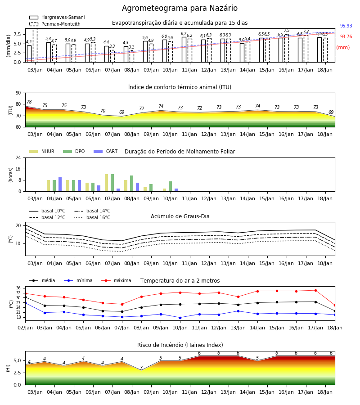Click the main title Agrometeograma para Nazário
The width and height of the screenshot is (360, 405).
pyautogui.click(x=180, y=8)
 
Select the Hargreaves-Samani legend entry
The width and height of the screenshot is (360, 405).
pyautogui.click(x=57, y=17)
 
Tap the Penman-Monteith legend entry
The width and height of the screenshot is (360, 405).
pyautogui.click(x=55, y=24)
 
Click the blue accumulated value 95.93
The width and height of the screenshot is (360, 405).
pyautogui.click(x=346, y=26)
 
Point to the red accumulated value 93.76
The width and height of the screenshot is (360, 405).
pyautogui.click(x=346, y=37)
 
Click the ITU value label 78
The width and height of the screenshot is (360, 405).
pyautogui.click(x=29, y=102)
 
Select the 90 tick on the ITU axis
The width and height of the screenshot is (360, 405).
pyautogui.click(x=18, y=93)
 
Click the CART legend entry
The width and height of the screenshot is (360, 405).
pyautogui.click(x=106, y=151)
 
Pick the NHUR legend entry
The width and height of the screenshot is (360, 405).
pyautogui.click(x=42, y=151)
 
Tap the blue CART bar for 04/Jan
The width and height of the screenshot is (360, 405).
pyautogui.click(x=60, y=184)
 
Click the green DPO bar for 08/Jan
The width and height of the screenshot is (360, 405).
pyautogui.click(x=132, y=184)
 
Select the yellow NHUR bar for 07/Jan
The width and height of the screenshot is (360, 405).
pyautogui.click(x=106, y=183)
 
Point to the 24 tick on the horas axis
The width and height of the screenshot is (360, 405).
pyautogui.click(x=18, y=157)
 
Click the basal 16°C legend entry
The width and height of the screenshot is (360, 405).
pyautogui.click(x=92, y=217)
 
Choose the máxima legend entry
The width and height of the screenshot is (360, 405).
pyautogui.click(x=116, y=280)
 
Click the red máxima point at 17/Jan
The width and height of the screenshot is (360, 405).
pyautogui.click(x=315, y=291)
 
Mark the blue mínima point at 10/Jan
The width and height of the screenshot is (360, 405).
pyautogui.click(x=180, y=318)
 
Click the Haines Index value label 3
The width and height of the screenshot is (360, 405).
pyautogui.click(x=141, y=368)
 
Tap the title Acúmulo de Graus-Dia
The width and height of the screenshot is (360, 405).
pyautogui.click(x=180, y=216)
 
